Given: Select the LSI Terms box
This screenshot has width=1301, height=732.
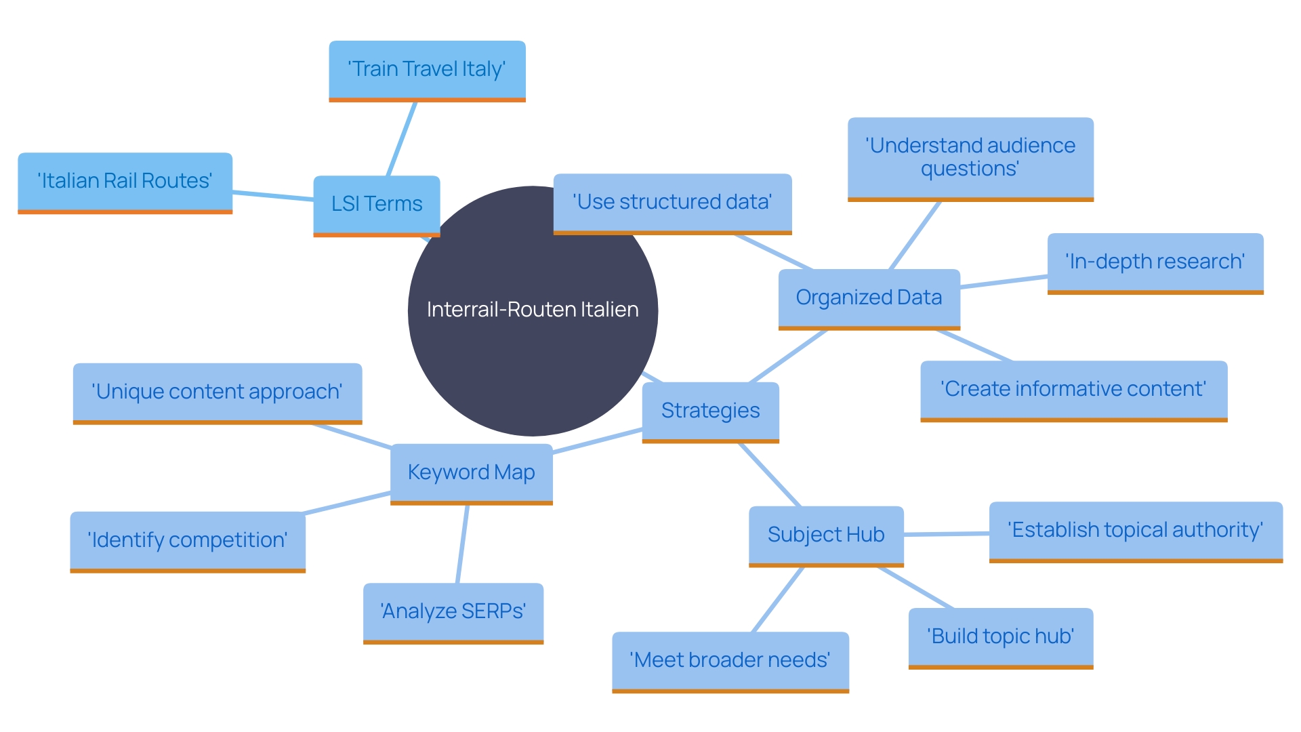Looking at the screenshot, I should [x=377, y=204].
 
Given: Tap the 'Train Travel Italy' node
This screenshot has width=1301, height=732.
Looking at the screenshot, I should [x=427, y=70].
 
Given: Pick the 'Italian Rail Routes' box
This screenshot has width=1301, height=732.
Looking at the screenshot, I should [x=125, y=181].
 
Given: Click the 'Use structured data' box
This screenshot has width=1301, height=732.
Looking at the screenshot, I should [x=672, y=202].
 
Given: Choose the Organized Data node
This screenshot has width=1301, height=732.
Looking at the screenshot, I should [x=869, y=298].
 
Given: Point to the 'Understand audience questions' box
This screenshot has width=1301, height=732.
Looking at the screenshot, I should [x=970, y=157].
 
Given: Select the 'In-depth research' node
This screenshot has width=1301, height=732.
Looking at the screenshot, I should [x=1155, y=262].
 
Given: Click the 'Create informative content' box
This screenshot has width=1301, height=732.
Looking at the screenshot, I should [x=1073, y=389].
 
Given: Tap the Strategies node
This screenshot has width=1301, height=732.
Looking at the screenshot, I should [x=710, y=411].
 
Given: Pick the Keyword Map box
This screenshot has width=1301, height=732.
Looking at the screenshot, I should [x=472, y=472].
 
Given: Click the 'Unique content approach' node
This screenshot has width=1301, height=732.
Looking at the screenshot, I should [x=217, y=392].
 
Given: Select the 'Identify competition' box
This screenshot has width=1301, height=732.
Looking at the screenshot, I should [x=188, y=540].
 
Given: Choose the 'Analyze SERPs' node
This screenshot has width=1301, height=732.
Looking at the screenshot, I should [x=453, y=611].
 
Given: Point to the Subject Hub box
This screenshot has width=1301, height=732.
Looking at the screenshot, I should [x=826, y=535].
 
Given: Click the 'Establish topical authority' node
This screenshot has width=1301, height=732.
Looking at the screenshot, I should [x=1136, y=530].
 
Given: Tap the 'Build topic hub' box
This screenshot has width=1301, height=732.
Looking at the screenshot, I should [x=1001, y=636].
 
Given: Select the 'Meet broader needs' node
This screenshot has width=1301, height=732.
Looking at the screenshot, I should [x=730, y=660].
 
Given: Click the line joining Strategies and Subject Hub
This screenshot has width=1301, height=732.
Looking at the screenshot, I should [x=770, y=475].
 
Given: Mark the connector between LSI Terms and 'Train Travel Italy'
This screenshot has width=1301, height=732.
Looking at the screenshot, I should [x=402, y=139].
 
